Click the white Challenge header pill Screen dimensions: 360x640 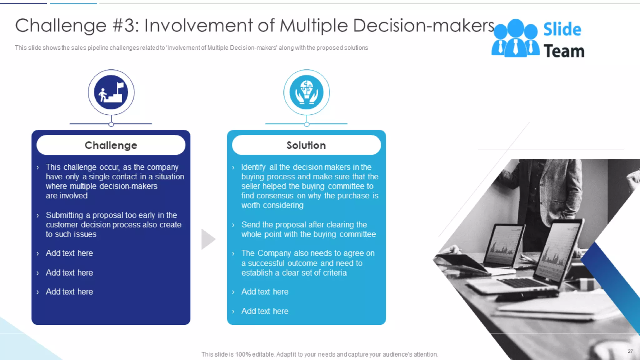point(111,145)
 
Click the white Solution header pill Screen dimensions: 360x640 point(306,145)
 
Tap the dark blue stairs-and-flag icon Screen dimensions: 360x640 point(111,92)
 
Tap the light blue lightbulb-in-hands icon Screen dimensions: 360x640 point(307,92)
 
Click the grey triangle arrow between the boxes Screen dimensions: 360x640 point(208,239)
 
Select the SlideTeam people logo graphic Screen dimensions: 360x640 point(515,39)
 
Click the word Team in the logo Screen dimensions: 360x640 point(564,51)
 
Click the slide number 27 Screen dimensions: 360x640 point(630,351)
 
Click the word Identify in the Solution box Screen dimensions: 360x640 point(253,167)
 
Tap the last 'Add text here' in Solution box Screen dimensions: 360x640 point(265,311)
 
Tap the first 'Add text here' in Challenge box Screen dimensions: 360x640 point(69,253)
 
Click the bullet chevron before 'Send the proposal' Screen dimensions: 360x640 point(233,225)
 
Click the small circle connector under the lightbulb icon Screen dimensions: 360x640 point(307,124)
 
